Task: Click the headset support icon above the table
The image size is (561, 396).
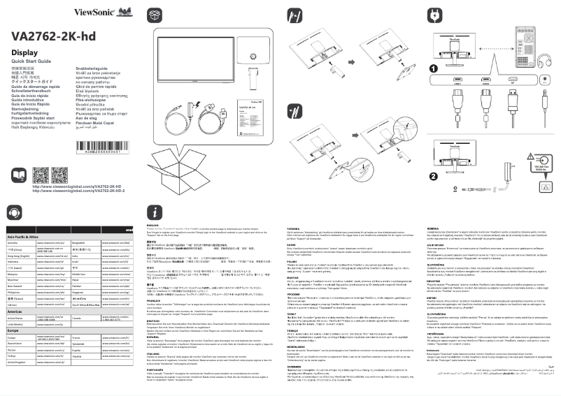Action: pos(14,212)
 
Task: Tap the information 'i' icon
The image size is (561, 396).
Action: pos(155,212)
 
